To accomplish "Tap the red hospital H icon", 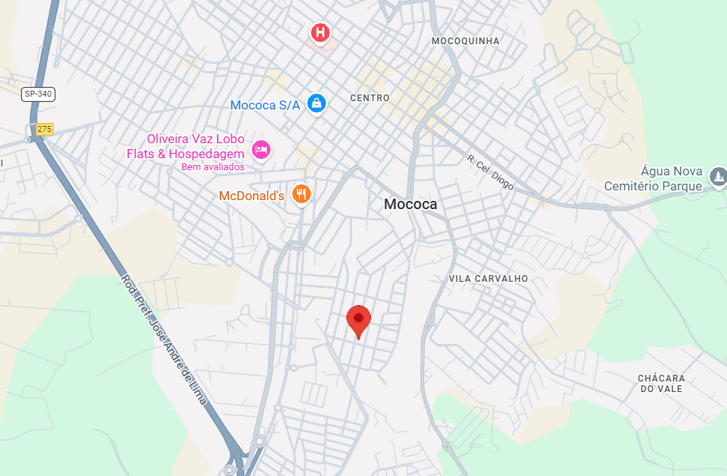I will pos(321,32).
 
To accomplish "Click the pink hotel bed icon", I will pos(261,149).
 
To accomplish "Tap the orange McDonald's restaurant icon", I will pos(301,194).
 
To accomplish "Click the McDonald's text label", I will pos(251,196).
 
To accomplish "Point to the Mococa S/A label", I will pos(265,105).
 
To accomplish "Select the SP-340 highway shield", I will pos(38,94).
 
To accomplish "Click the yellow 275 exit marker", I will pos(44,129).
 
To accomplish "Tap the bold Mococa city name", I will pos(410,204).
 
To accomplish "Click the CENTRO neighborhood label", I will pos(369,98).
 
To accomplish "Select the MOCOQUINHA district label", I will pos(465,41).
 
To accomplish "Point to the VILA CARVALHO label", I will pos(488,278).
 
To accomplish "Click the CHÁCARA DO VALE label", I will pos(662,383).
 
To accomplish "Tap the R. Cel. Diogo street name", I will pos(490,172).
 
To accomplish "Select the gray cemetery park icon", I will pos(718,177).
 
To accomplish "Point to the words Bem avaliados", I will pos(213,166).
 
